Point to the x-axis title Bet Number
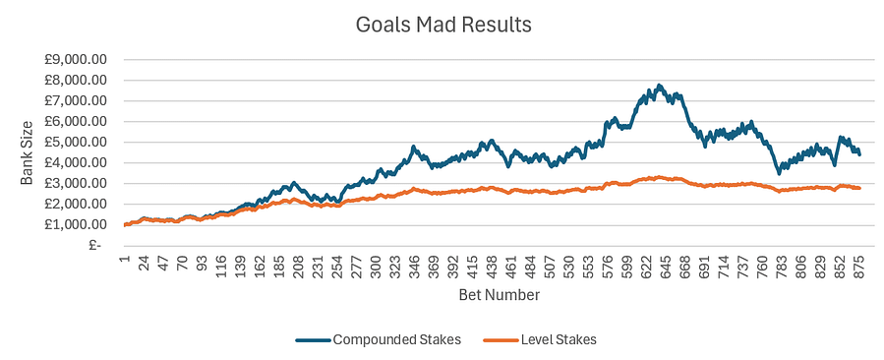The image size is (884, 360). (x=499, y=294)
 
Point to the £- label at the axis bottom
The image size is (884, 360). (x=95, y=246)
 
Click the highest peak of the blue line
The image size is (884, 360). (x=660, y=86)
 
